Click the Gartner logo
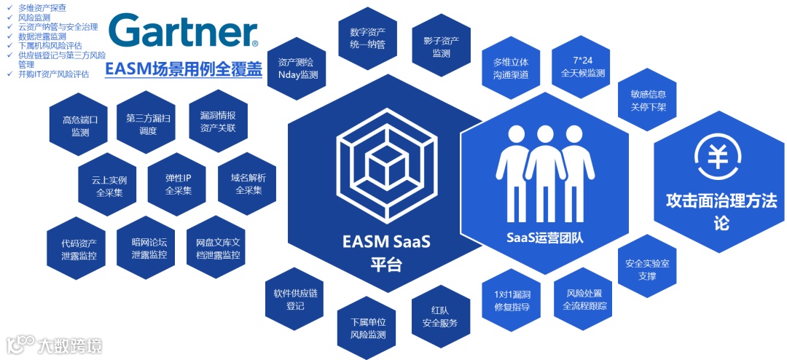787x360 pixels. click(183, 32)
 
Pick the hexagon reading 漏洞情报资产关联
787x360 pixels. click(217, 122)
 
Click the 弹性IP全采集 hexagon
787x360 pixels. click(178, 184)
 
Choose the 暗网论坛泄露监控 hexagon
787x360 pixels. click(149, 248)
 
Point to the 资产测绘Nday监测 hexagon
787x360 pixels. click(297, 69)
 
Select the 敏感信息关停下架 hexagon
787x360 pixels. click(647, 101)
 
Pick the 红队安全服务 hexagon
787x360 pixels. click(439, 316)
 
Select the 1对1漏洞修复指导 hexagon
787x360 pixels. click(512, 300)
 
